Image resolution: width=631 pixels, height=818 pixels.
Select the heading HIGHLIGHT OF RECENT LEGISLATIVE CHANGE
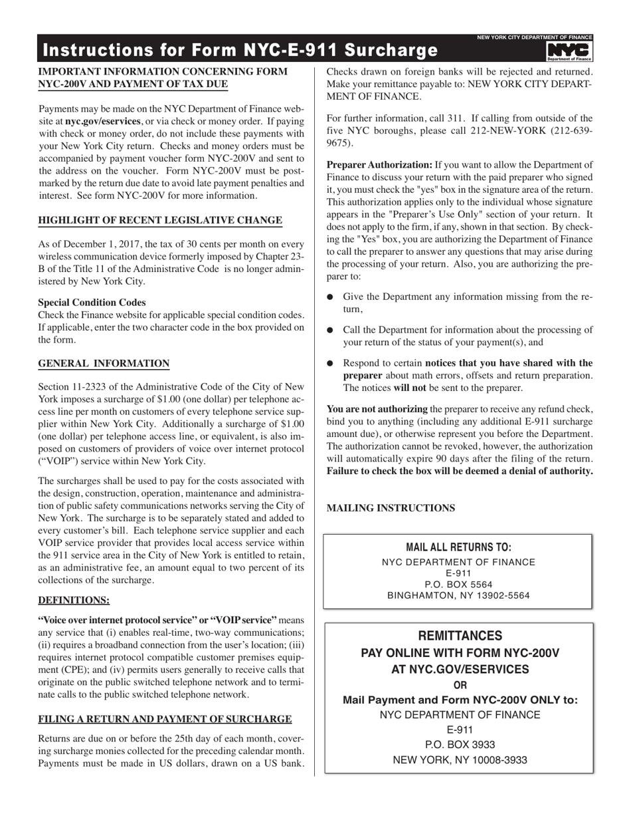[160, 221]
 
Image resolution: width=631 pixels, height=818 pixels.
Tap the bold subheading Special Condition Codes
[92, 302]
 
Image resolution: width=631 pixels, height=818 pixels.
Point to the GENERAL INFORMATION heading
[104, 363]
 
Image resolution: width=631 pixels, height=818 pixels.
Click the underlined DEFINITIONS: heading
[74, 600]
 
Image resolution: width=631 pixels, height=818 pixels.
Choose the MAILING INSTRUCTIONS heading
[391, 508]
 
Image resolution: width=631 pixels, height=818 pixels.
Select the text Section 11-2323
[73, 386]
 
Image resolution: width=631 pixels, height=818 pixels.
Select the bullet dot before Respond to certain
[331, 364]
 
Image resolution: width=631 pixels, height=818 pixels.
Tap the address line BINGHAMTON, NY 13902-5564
[458, 596]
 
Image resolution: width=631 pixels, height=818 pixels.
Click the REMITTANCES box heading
[459, 636]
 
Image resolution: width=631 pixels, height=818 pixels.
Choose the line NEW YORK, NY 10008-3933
[460, 759]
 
